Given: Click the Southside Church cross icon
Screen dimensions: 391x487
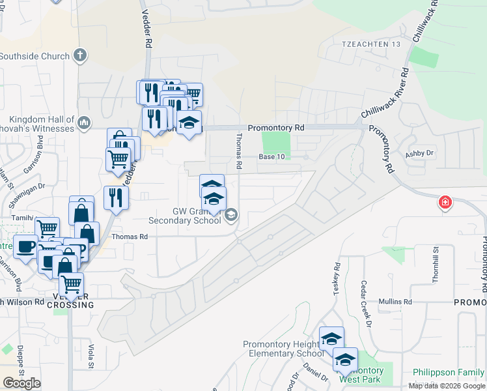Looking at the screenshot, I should (x=80, y=55).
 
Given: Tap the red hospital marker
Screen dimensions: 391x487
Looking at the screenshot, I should (x=445, y=202).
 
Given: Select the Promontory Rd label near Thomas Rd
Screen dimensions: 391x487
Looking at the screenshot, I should (x=276, y=128).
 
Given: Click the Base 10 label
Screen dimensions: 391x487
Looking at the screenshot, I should (x=272, y=157).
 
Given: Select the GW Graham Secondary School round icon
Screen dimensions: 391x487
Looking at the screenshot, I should (x=231, y=215).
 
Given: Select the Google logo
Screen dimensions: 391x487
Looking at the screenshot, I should (x=21, y=383).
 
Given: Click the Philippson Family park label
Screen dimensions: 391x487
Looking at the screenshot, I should (x=449, y=372).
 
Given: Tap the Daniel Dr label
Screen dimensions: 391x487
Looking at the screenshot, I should (x=315, y=371).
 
